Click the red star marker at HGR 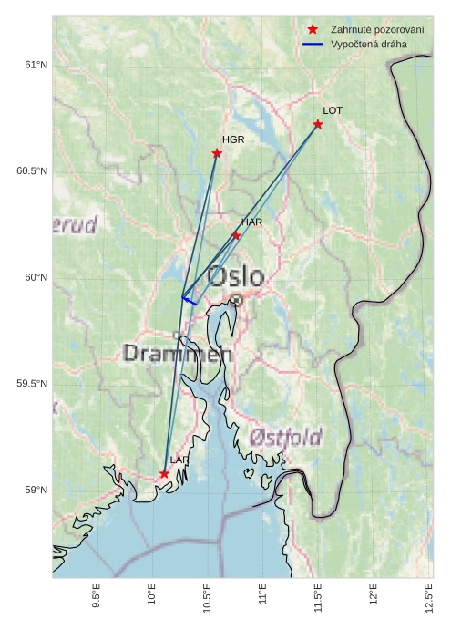coord(217,153)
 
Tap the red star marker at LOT coord(318,124)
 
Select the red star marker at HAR coord(236,235)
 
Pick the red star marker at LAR coord(164,474)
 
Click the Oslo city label coord(235,276)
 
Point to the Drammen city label coord(178,353)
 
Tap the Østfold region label coord(285,439)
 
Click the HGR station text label coord(233,139)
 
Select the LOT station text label coord(333,110)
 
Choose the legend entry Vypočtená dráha coord(369,44)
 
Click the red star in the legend coord(313,30)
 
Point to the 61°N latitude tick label coord(35,65)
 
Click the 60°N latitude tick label coord(35,278)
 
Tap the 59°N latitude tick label coord(35,491)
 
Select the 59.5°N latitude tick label coord(31,384)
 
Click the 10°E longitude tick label coord(151,598)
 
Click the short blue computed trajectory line coord(190,301)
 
